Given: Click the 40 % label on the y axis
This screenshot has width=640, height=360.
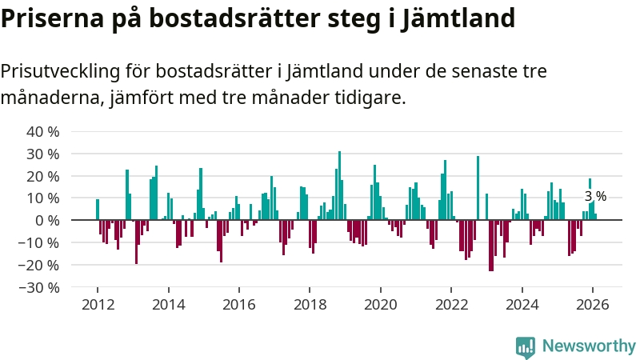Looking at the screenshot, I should pyautogui.click(x=43, y=131).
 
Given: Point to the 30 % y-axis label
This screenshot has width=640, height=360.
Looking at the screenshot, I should pyautogui.click(x=43, y=154).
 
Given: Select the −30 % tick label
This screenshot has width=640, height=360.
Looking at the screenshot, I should pyautogui.click(x=40, y=287).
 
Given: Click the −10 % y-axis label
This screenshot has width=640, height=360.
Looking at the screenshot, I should pyautogui.click(x=40, y=242).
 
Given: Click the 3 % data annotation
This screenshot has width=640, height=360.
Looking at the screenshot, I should pyautogui.click(x=595, y=196).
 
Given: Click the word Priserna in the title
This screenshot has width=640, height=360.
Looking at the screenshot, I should pyautogui.click(x=50, y=18).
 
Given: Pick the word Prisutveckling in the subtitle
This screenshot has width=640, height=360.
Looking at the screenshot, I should pyautogui.click(x=59, y=71).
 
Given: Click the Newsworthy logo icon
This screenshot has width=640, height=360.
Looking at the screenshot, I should pyautogui.click(x=526, y=346).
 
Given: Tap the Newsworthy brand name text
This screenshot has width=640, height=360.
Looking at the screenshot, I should pyautogui.click(x=589, y=346).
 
